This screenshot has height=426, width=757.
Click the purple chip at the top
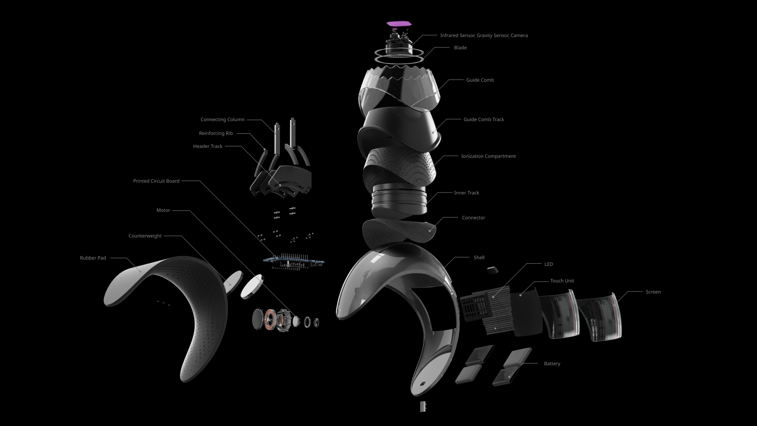pos(399,23)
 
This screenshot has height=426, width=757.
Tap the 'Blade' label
pos(460,48)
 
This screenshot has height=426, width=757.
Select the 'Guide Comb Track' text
pos(484,120)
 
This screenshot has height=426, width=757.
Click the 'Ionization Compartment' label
pos(489,156)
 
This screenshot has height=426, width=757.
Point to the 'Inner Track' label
pos(466,193)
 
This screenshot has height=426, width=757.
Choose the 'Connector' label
pos(474,218)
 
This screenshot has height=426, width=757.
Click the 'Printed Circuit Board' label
pos(156,181)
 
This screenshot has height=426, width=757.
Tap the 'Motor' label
pos(163,211)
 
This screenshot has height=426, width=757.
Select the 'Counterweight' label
pos(145,236)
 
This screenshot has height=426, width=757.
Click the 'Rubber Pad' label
pos(93,258)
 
